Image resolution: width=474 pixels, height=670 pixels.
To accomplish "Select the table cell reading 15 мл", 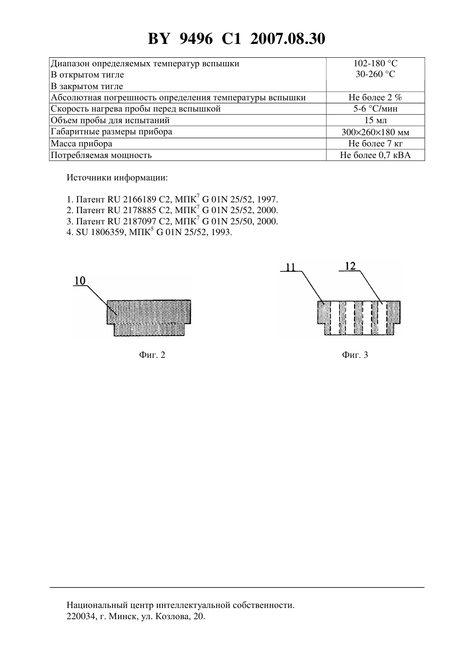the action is coord(376,120).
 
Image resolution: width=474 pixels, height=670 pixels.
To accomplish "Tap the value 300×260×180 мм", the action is coord(376,132).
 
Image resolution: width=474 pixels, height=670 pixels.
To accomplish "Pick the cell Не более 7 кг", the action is coord(376,143).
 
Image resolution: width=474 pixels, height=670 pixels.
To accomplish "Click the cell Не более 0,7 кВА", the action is coord(376,155).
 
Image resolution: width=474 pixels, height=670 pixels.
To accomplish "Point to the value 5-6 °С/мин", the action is coord(376,109).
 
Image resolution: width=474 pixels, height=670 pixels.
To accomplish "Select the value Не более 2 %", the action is coord(376,97).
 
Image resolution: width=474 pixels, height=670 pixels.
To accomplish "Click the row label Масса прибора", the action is coord(81,143).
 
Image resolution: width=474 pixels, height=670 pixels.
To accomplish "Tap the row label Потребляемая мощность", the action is coord(101,155).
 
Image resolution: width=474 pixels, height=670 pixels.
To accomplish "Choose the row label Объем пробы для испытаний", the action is coord(110,120).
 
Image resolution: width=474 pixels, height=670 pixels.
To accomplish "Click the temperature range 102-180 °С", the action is coord(376,63).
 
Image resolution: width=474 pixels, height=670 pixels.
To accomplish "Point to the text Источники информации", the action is coord(117,178).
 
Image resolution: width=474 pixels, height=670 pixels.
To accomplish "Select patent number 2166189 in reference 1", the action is coord(140,199).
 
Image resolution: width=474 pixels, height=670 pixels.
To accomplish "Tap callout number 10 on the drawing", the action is coord(80,281).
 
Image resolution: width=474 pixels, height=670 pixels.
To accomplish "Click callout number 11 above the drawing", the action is coord(290,267).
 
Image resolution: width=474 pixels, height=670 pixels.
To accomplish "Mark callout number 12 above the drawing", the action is coord(350,266).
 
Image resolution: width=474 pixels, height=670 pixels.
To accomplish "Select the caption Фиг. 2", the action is coord(152,355).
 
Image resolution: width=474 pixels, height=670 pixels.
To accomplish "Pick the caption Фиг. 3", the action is coord(355,355).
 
